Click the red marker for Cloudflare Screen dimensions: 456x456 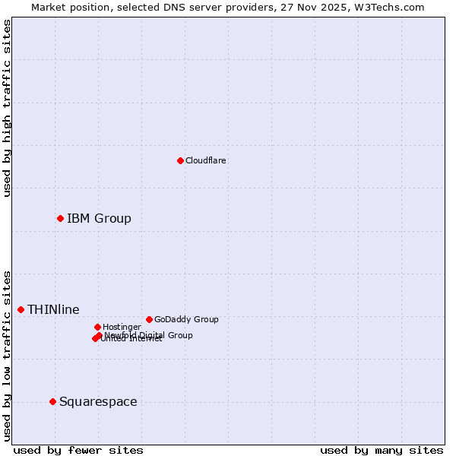[x=180, y=160]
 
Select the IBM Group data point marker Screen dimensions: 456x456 [x=60, y=218]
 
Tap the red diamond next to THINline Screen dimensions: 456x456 [x=21, y=309]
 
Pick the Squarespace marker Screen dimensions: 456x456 [x=52, y=401]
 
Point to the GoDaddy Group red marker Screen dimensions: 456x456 [x=149, y=319]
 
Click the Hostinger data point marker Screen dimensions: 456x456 [x=97, y=327]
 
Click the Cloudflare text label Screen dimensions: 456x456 [x=205, y=160]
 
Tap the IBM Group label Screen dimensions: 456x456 [x=99, y=219]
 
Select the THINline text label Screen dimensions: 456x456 [x=53, y=309]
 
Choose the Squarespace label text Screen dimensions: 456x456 [x=98, y=402]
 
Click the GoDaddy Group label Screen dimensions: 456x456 [x=186, y=319]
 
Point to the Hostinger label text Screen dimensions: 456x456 [x=122, y=327]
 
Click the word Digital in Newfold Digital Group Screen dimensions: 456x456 [x=150, y=335]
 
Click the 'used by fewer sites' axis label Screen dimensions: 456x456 [x=78, y=450]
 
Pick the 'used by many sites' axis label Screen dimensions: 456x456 [x=382, y=450]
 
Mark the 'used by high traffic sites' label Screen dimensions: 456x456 [x=7, y=108]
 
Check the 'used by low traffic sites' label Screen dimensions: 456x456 [x=7, y=356]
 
